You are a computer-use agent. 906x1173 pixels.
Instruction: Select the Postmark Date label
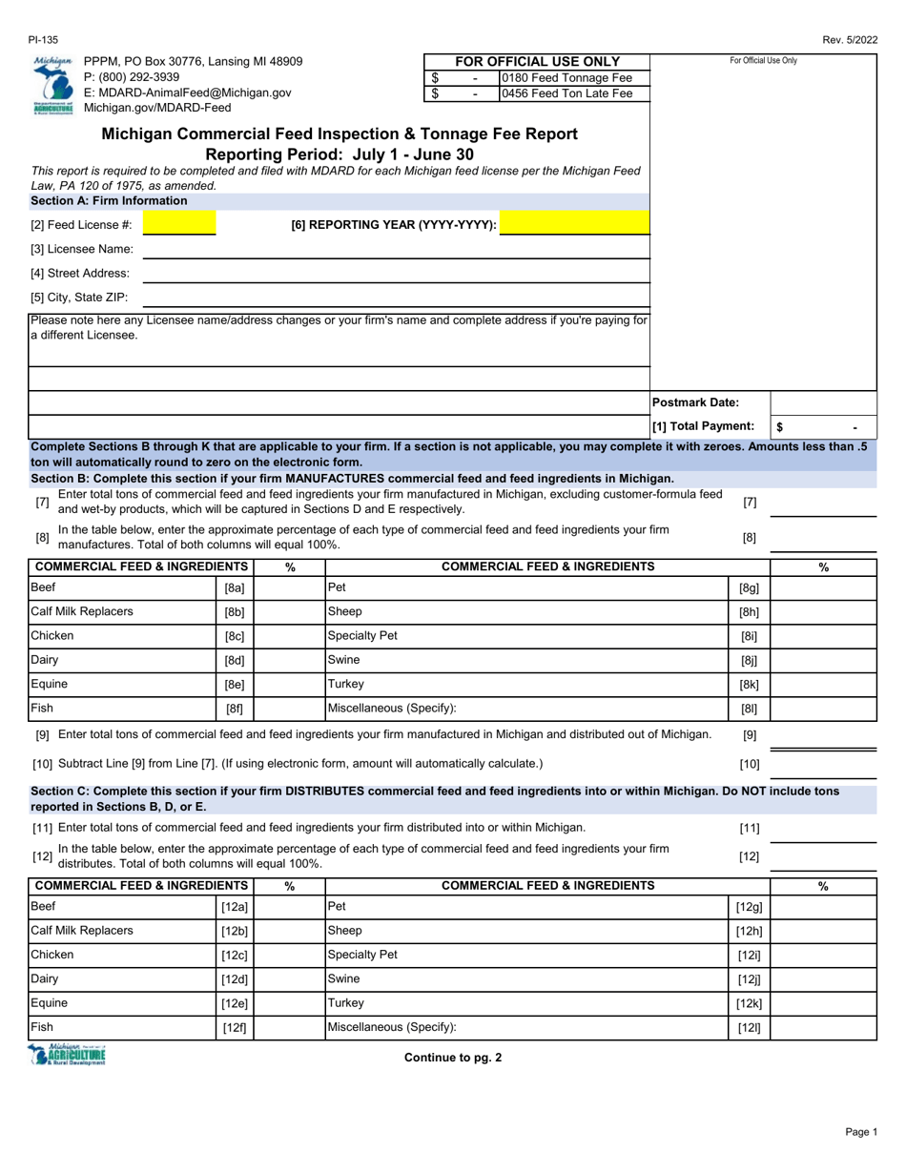click(695, 402)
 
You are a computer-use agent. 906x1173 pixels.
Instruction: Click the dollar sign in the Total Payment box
click(779, 427)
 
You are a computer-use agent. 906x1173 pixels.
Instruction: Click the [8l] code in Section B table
click(750, 709)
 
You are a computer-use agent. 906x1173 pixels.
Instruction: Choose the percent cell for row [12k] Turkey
click(823, 1003)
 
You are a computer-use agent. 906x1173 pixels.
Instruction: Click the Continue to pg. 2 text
click(453, 1056)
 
